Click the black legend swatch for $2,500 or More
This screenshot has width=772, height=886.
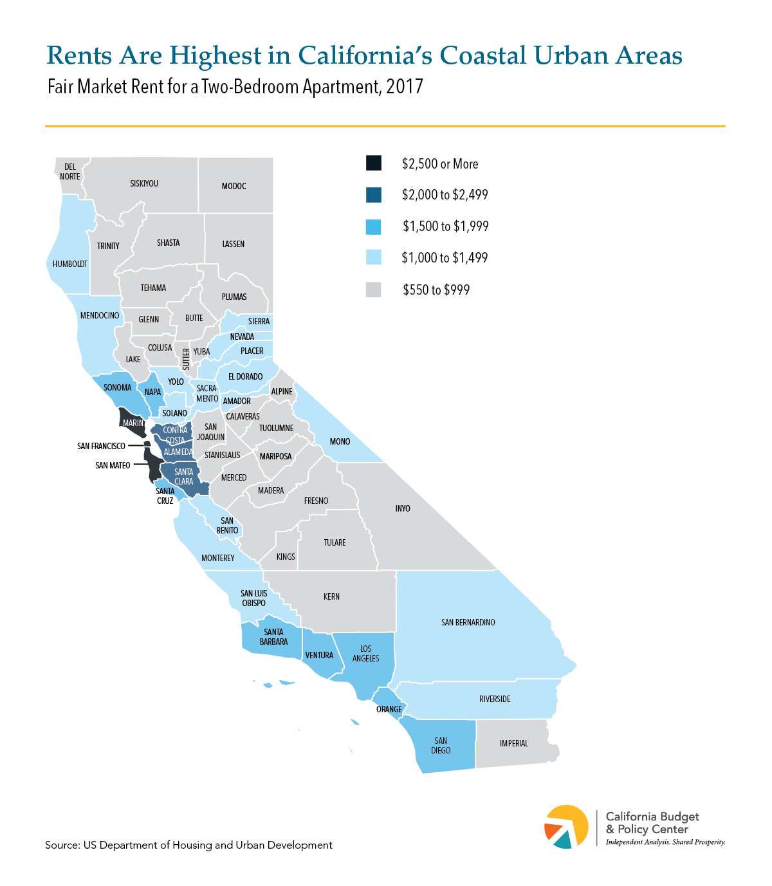pos(373,163)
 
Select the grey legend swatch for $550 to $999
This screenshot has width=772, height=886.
pos(373,290)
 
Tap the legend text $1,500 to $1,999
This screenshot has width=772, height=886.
pos(445,226)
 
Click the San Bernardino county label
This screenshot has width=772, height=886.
pos(468,623)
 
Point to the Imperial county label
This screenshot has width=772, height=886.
pos(513,743)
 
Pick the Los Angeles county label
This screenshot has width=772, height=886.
pos(365,654)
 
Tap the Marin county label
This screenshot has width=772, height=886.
pos(133,423)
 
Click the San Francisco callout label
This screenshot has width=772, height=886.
pos(101,446)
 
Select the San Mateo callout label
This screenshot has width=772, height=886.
pos(113,465)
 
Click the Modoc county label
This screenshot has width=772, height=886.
pos(234,187)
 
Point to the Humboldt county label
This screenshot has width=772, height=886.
pos(70,264)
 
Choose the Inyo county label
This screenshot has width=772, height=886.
pos(403,509)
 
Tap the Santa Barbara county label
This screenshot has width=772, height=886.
pos(273,637)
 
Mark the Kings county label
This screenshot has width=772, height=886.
pos(286,557)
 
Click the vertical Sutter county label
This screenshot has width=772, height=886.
pos(186,359)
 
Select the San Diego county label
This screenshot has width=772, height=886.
pos(441,746)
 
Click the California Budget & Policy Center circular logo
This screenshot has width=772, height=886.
pos(566,827)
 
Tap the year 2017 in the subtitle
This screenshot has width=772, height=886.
pos(405,87)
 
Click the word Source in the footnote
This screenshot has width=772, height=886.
pos(61,845)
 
